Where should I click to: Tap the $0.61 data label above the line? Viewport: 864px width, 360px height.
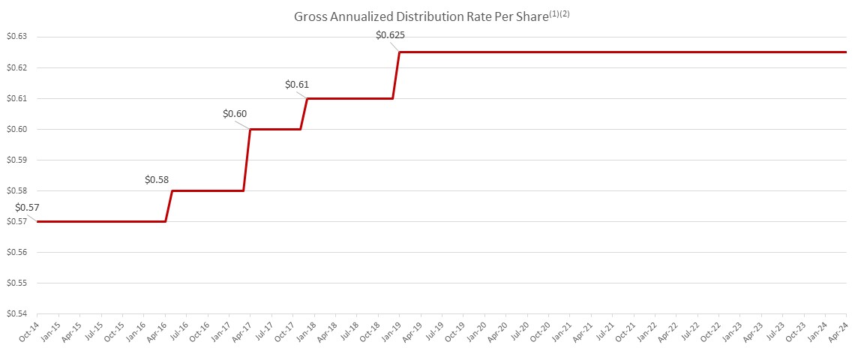click(298, 84)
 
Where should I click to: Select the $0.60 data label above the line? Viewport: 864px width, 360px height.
click(235, 114)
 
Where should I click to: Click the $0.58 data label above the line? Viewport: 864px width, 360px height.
click(157, 180)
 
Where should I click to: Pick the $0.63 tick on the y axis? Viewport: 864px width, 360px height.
click(16, 37)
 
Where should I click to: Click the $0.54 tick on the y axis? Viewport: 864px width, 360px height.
click(16, 314)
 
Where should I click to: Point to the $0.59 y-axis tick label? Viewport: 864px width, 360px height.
click(16, 160)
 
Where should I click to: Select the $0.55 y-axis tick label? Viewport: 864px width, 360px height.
click(16, 283)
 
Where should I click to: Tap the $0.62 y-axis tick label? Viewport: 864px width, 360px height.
click(16, 67)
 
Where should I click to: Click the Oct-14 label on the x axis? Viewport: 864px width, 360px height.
click(29, 330)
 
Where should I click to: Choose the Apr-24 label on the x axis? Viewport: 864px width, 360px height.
click(839, 330)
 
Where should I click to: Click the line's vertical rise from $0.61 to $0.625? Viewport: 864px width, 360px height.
click(396, 75)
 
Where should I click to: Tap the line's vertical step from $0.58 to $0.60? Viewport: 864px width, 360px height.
click(247, 160)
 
